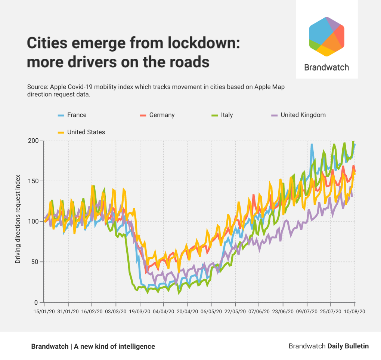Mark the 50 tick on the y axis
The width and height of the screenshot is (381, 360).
pos(35,262)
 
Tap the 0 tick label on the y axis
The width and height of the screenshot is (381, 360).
pos(37,302)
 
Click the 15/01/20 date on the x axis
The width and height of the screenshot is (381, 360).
pos(44,311)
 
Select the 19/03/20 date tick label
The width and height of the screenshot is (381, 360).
pos(140,311)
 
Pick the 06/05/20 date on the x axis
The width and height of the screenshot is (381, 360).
pos(211,311)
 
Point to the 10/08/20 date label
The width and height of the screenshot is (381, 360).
pos(354,311)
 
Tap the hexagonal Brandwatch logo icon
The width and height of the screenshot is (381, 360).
pos(326,37)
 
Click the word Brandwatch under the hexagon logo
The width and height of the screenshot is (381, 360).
pos(326,67)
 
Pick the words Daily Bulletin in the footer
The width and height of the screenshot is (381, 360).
pos(348,346)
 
